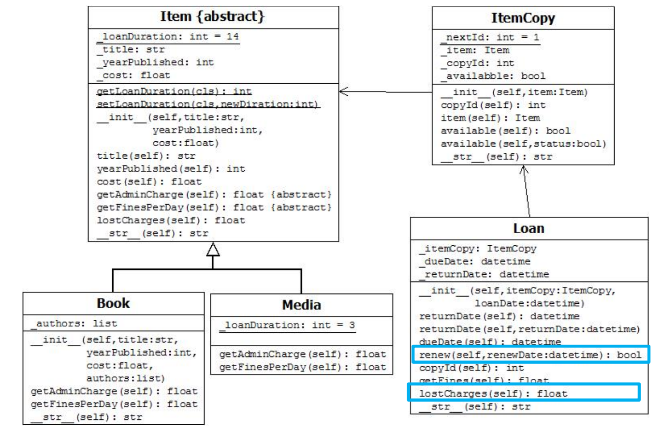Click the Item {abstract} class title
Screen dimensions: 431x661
[x=213, y=17]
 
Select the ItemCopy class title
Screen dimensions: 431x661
[x=522, y=18]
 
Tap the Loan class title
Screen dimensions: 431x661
[x=529, y=228]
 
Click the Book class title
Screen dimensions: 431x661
[x=113, y=303]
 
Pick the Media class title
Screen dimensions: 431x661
[x=301, y=305]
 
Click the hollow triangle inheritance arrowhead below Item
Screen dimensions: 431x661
[x=213, y=249]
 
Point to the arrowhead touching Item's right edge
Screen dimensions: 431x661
[x=344, y=90]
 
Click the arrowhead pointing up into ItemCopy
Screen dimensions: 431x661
[x=525, y=170]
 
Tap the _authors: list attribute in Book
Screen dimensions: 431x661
[x=73, y=323]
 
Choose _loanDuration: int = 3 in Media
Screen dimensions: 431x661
[x=287, y=325]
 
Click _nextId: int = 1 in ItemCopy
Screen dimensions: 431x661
[x=490, y=37]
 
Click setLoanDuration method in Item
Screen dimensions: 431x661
[x=208, y=104]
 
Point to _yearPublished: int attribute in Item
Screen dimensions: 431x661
[x=155, y=62]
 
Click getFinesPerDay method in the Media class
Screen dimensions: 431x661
[x=302, y=367]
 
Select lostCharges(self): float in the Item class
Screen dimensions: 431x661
[x=171, y=220]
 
